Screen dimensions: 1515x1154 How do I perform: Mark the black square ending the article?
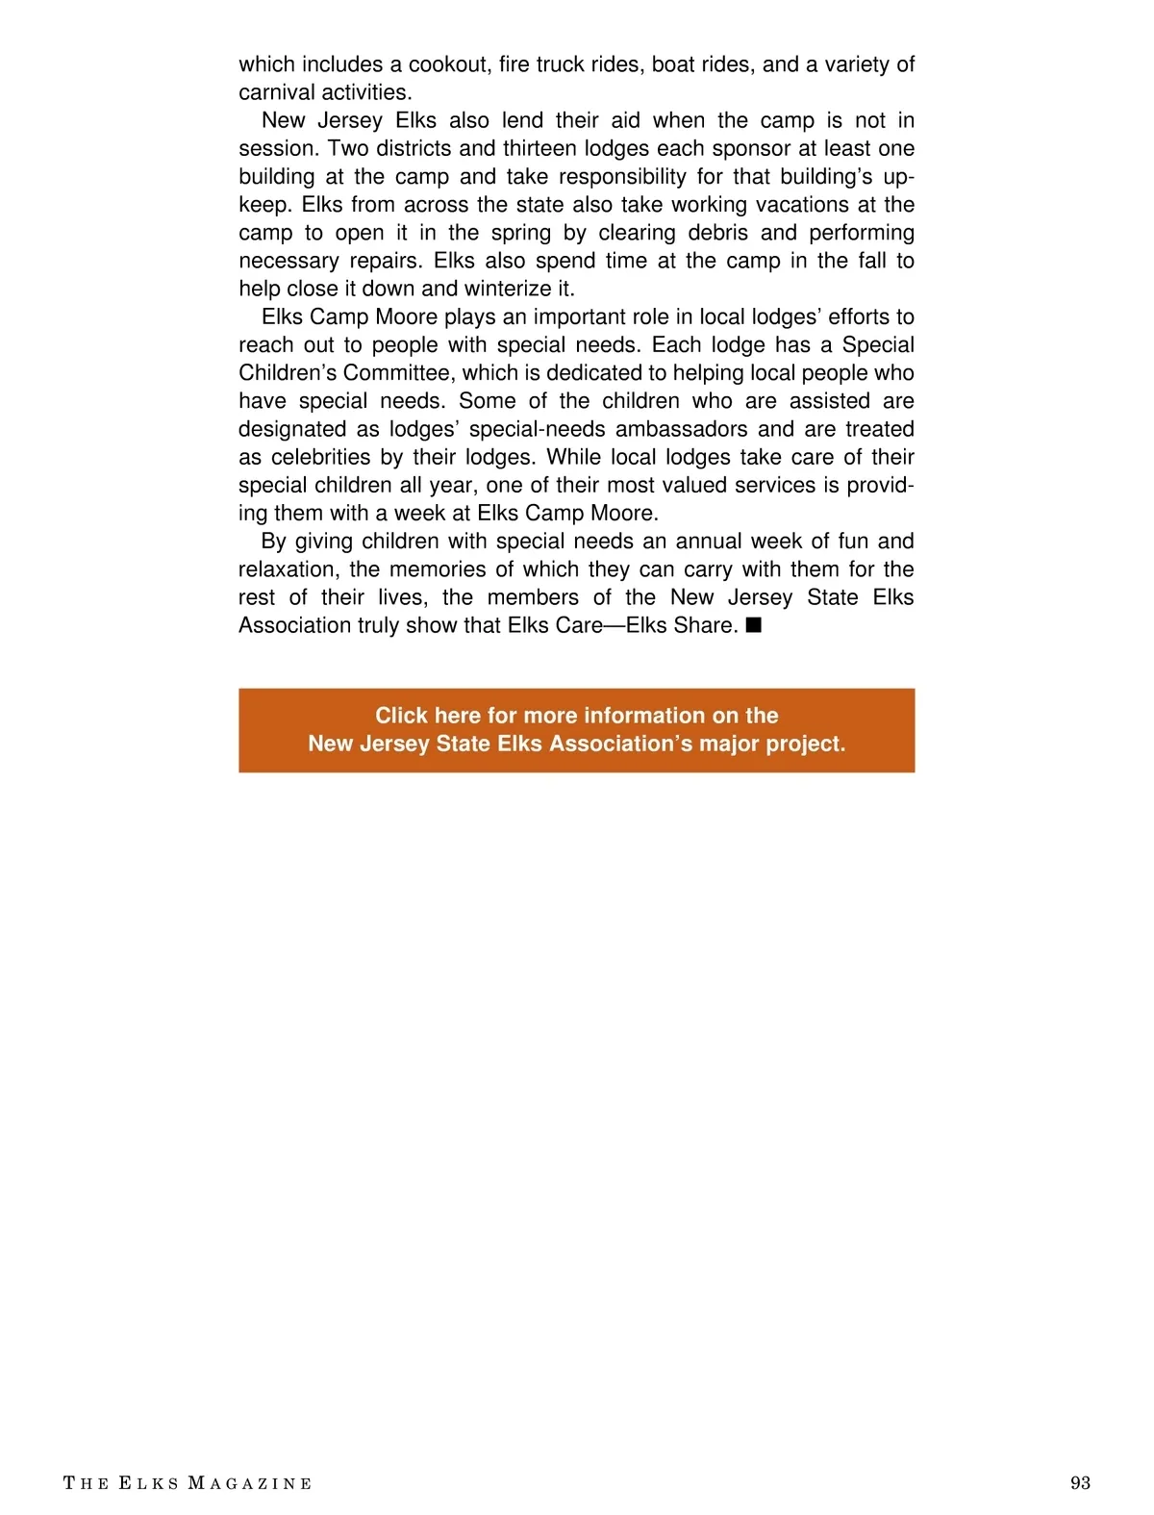coord(754,625)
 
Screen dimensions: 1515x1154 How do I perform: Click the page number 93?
coord(1080,1482)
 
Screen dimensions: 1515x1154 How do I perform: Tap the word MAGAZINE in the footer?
coord(250,1483)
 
